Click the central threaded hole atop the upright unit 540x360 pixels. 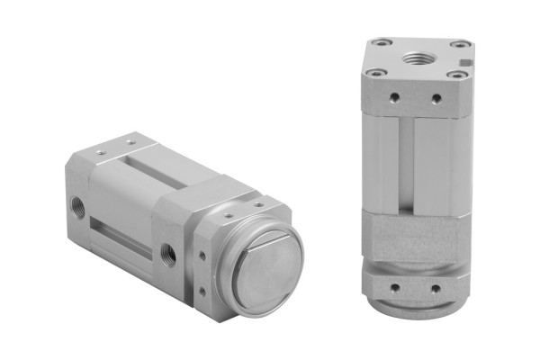(417, 58)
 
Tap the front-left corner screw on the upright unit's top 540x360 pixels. (376, 72)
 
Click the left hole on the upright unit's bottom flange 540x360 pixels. (394, 288)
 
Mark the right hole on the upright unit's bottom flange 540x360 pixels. (436, 289)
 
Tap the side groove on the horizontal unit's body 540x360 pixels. (121, 235)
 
